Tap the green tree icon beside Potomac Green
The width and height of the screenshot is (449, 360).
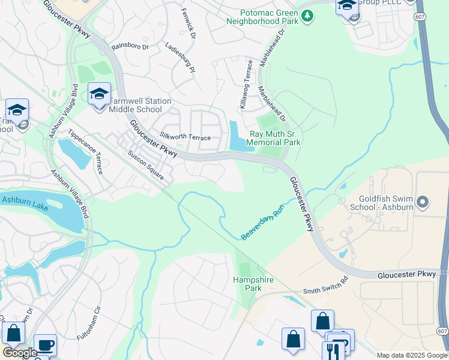pos(307,15)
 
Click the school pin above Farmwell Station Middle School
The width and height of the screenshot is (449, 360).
pos(99,94)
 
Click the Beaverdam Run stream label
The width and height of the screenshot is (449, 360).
pos(262,223)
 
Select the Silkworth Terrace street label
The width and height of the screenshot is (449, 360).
pos(185,137)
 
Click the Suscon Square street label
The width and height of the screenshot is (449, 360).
pos(146,163)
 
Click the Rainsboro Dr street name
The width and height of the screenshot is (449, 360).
pos(130,45)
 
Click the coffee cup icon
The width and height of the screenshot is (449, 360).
pos(45,345)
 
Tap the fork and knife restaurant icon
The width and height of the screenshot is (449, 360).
pos(333,350)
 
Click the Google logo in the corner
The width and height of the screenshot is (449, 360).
pos(20,353)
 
